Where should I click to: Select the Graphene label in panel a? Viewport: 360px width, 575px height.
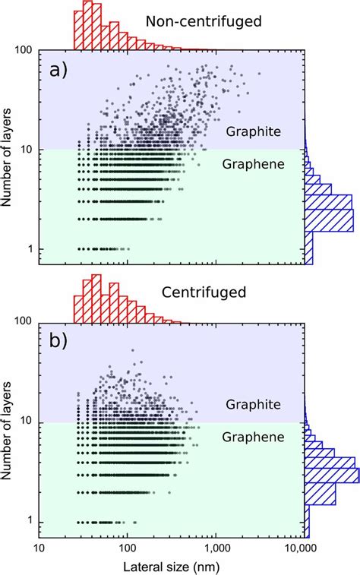[x=253, y=163]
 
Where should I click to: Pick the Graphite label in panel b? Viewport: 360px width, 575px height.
[x=253, y=404]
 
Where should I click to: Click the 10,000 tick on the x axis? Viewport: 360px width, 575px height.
[x=303, y=548]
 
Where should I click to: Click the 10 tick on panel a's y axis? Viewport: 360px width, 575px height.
[x=27, y=150]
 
